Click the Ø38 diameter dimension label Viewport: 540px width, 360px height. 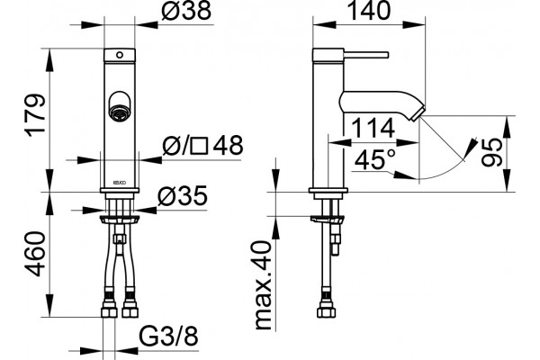[186, 11]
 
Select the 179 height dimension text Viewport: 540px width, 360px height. [35, 115]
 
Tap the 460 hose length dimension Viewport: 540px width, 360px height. [35, 254]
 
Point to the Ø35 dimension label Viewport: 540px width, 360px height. [183, 196]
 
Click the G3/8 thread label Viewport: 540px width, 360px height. [169, 336]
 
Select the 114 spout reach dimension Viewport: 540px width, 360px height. [373, 128]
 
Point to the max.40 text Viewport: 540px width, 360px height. [264, 285]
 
